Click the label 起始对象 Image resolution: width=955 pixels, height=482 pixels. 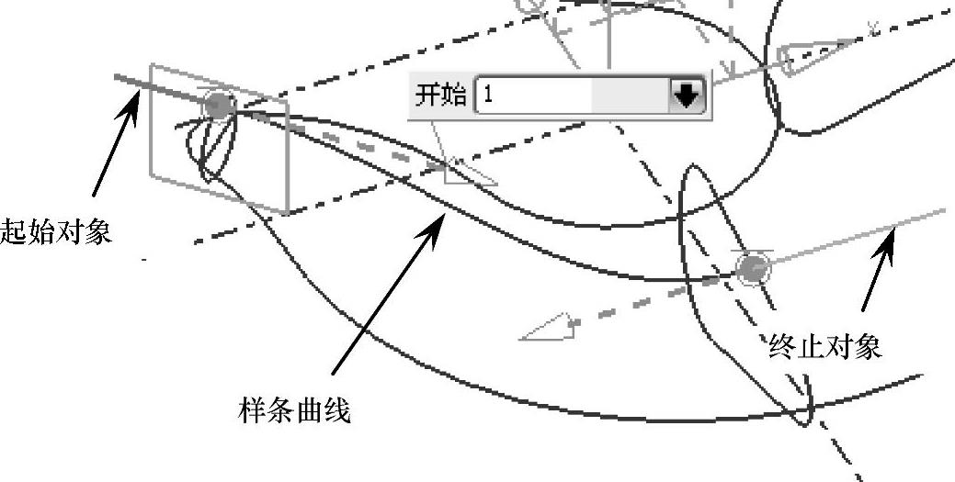coord(56,230)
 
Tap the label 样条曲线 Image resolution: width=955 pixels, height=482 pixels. coord(294,409)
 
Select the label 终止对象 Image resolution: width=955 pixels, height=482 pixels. coord(825,347)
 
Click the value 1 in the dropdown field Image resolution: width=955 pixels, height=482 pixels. coord(488,95)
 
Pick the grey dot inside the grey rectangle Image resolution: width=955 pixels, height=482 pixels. coord(218,105)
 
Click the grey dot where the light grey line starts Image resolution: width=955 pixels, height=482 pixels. coord(753,268)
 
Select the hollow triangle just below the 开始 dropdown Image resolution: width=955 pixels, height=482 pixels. coord(465,172)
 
